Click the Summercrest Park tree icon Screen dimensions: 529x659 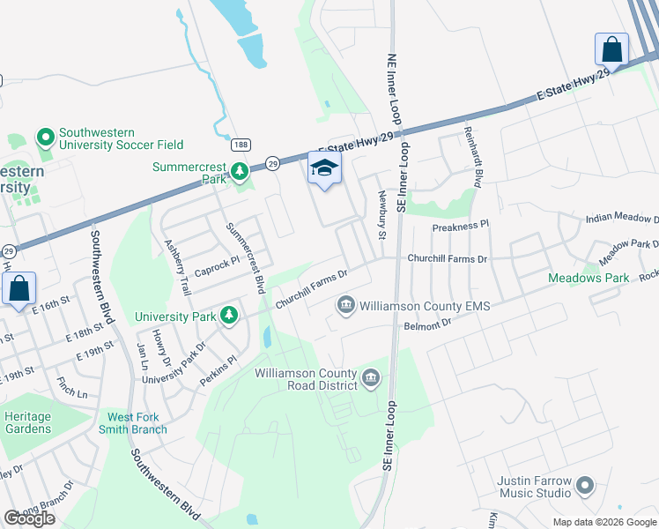239,170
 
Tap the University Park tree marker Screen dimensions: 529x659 229,315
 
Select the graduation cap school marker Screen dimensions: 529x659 324,168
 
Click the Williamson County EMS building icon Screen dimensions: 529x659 345,306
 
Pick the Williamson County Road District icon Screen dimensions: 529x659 371,379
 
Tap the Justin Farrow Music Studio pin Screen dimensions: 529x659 585,484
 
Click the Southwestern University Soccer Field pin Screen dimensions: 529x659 45,138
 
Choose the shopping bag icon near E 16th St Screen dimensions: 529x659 19,288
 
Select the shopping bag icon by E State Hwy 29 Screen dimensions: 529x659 611,49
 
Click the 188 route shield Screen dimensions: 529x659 240,144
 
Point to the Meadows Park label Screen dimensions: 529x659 589,278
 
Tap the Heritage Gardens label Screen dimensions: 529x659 27,422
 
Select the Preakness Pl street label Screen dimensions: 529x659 460,227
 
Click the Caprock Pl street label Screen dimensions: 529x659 217,264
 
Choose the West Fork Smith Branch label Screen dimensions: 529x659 137,423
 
